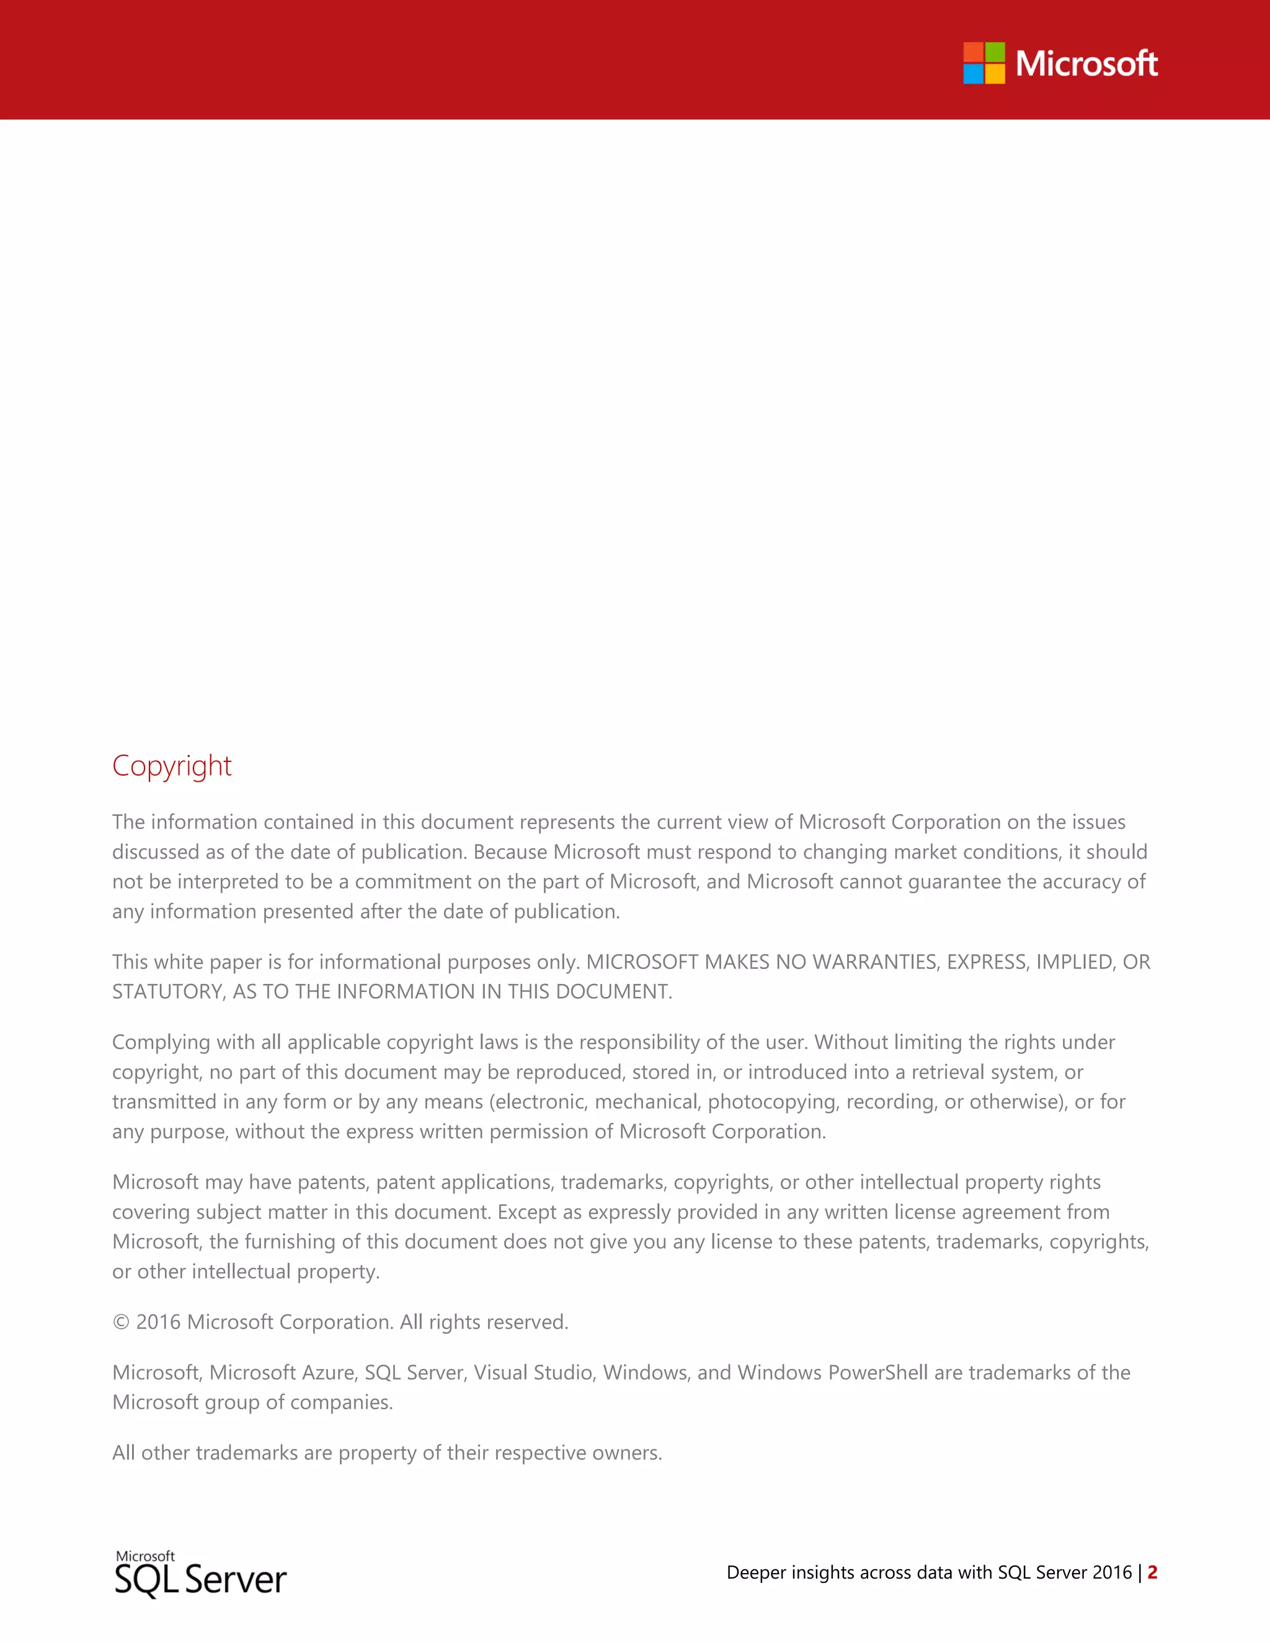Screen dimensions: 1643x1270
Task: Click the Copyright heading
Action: [x=172, y=766]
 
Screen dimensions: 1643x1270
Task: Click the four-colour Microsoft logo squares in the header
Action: [x=984, y=63]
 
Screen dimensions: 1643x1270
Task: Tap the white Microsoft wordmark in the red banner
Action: [x=1086, y=64]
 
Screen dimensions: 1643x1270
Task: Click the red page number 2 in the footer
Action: [x=1152, y=1572]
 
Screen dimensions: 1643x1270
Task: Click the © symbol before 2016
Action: [x=120, y=1322]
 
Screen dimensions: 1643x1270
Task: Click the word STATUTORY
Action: [x=166, y=992]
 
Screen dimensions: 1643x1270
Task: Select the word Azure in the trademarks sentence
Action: [x=328, y=1373]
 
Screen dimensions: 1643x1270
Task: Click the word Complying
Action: [x=161, y=1043]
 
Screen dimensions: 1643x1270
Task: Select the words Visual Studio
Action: [x=533, y=1373]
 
